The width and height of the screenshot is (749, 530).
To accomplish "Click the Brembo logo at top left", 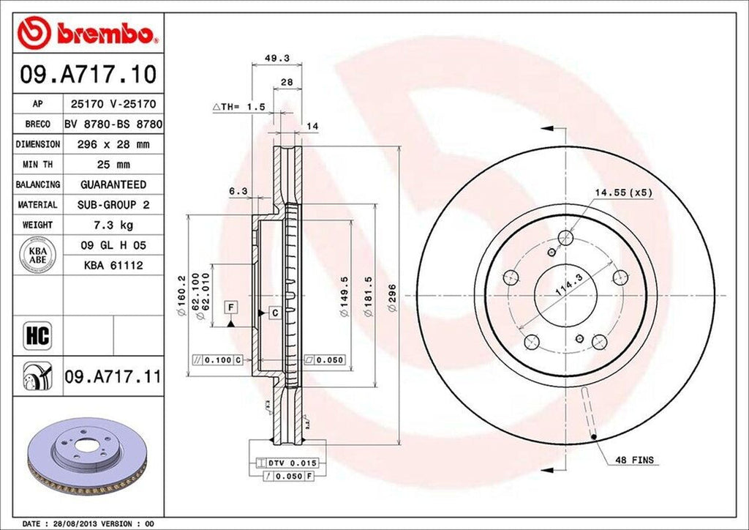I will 87,32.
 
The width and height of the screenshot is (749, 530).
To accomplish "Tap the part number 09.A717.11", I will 113,378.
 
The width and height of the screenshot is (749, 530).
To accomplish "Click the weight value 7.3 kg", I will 113,225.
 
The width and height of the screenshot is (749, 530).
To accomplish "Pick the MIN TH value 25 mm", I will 113,165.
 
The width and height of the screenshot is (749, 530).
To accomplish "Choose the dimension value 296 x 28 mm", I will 113,144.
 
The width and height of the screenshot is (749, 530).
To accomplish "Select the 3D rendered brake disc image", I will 86,453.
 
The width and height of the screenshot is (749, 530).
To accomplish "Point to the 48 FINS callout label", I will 634,460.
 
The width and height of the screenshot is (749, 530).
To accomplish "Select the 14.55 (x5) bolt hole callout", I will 622,193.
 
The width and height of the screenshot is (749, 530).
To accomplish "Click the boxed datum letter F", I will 231,306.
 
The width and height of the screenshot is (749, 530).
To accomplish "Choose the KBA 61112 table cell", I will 113,265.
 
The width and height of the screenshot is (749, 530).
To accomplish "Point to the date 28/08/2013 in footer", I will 77,524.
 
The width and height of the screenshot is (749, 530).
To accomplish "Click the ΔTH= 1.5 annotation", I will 238,107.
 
